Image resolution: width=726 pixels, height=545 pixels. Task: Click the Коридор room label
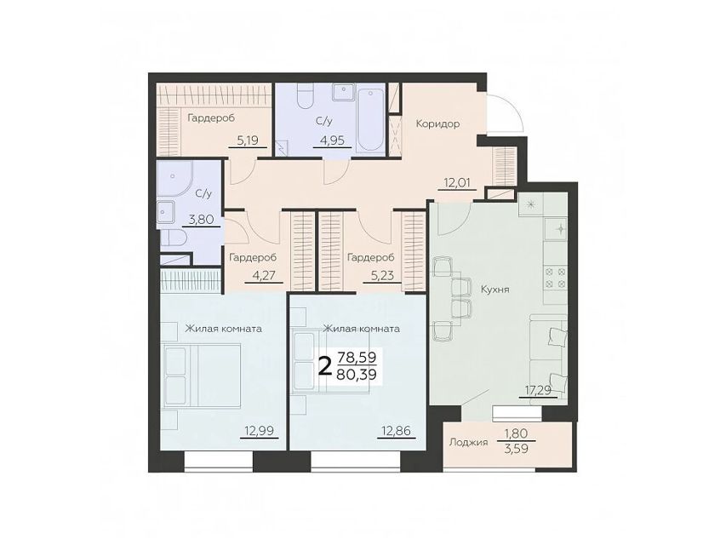coord(437,124)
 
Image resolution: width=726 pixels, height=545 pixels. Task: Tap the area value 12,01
coord(457,182)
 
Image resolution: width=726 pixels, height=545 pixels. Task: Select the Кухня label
coord(495,290)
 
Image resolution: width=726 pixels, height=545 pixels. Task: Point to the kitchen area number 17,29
coord(538,390)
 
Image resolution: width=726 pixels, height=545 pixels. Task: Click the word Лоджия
coord(469,443)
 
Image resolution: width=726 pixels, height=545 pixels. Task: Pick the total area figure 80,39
coord(357,374)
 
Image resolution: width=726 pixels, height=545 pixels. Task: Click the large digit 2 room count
coord(326,366)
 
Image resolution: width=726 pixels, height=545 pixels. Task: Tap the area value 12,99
coord(260,431)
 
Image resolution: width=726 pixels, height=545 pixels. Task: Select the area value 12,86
coord(396,431)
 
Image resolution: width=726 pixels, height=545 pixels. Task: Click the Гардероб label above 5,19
coord(211,118)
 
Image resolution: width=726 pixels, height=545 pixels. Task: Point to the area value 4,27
coord(263,276)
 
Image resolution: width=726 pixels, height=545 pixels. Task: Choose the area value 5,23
coord(382,276)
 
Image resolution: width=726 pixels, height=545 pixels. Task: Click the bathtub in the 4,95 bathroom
coord(370,119)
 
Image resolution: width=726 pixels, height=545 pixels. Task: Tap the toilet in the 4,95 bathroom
coord(306,96)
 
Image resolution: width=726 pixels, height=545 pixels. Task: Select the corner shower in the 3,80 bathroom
coord(175,179)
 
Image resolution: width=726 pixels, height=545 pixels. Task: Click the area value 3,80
coord(202,219)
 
